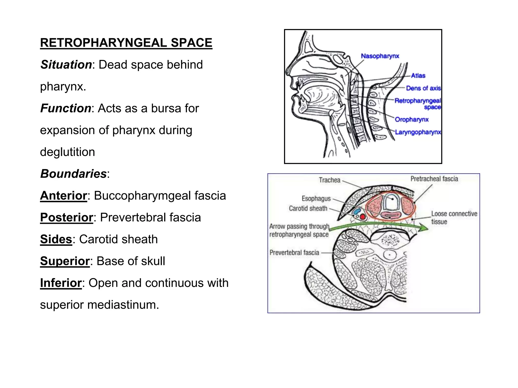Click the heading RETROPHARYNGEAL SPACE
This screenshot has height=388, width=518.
(126, 43)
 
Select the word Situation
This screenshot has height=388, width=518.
(66, 65)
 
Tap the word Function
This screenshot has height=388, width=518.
(66, 108)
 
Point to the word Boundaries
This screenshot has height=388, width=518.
(73, 174)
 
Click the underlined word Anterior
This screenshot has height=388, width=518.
(63, 196)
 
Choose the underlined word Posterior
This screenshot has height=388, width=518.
(67, 217)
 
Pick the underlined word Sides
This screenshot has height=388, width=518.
(56, 239)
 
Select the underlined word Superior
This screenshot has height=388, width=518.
(65, 261)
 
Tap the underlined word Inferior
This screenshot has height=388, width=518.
(61, 283)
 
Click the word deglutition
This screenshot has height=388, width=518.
(68, 152)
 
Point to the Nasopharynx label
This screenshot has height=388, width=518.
(380, 56)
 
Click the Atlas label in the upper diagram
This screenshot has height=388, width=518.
(418, 76)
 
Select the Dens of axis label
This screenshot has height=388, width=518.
(423, 88)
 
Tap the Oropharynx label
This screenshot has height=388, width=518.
(412, 119)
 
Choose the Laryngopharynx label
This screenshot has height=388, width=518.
(418, 132)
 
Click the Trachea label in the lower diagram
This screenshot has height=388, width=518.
(329, 180)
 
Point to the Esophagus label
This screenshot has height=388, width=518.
(316, 199)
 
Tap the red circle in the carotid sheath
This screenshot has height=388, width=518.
(363, 216)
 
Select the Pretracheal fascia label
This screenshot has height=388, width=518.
(434, 179)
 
